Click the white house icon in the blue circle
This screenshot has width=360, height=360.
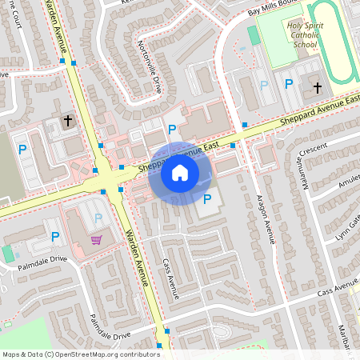point(180,173)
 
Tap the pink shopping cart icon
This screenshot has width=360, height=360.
point(96,239)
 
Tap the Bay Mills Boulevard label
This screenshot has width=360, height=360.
point(277,10)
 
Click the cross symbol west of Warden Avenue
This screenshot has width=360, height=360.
point(67,121)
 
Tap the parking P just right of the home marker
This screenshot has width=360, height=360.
point(208,199)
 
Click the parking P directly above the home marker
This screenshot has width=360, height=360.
point(171,129)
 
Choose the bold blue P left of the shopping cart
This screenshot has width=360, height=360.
point(55,237)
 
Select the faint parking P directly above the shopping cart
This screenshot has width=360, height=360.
point(98,218)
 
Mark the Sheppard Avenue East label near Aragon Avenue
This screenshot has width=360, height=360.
point(320,113)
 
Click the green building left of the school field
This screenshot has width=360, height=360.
point(254,35)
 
